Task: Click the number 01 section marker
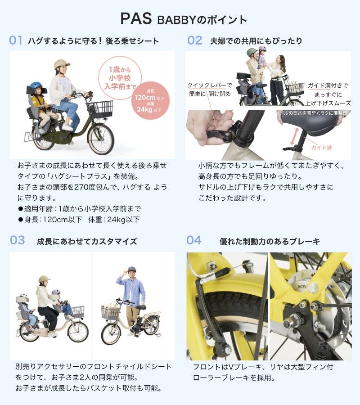(16, 40)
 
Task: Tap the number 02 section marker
(195, 40)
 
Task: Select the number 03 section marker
(17, 240)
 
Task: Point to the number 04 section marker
(194, 240)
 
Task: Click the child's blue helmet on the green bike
(36, 86)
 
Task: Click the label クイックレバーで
(210, 85)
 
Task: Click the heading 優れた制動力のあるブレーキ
(270, 242)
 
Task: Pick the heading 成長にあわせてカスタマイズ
(87, 242)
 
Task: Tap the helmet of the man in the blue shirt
(131, 270)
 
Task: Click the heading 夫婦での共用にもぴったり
(256, 41)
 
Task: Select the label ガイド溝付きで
(328, 85)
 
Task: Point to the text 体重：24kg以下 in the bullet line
(114, 220)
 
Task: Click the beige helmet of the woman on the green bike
(62, 64)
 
